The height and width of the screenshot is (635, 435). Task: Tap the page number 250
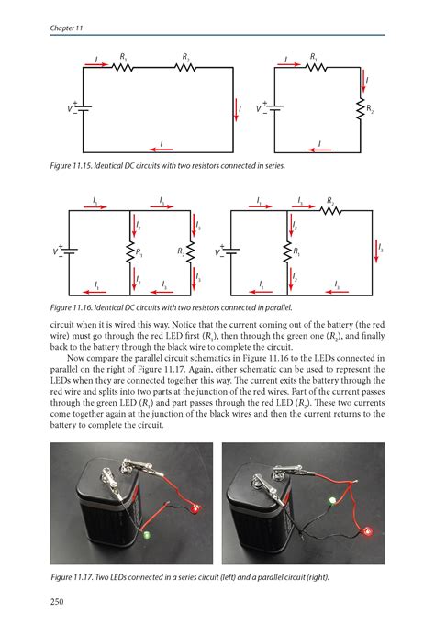(61, 601)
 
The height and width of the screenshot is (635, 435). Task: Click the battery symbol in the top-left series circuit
(83, 108)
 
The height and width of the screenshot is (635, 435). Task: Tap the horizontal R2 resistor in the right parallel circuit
(329, 210)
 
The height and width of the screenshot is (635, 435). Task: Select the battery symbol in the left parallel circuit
(71, 251)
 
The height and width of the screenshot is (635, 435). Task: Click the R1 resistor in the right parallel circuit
(289, 251)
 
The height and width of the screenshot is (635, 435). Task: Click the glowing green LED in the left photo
(147, 533)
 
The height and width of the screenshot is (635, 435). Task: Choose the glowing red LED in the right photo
(369, 531)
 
